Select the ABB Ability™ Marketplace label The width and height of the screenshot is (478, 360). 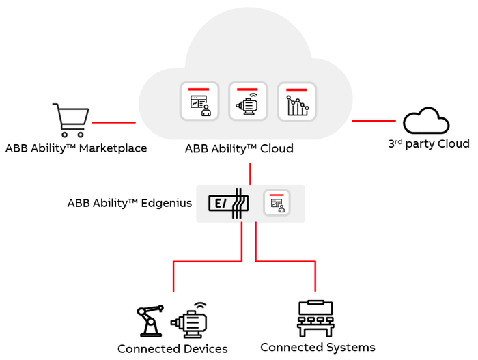click(x=76, y=148)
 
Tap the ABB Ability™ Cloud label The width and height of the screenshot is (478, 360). click(x=239, y=148)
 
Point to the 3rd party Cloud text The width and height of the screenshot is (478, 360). click(x=428, y=143)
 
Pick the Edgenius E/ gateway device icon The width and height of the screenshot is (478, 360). click(x=227, y=203)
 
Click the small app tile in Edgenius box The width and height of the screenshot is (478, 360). click(x=277, y=202)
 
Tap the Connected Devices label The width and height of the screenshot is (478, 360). click(x=172, y=349)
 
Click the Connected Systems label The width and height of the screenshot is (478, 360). click(x=318, y=348)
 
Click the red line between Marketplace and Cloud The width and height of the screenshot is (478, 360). click(x=113, y=122)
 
